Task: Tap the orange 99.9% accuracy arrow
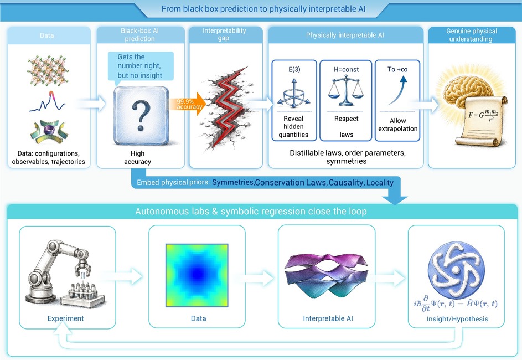point(189,104)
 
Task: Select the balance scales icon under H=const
point(346,91)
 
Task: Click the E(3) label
point(294,69)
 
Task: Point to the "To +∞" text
point(397,69)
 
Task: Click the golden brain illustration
point(468,86)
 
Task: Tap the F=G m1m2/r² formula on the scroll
point(483,115)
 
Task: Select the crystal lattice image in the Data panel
point(48,70)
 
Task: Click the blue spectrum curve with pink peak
point(47,101)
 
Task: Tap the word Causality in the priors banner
point(346,183)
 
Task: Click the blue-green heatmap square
point(197,275)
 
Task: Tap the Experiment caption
point(65,318)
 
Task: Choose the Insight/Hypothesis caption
point(457,318)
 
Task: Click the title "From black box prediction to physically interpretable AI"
point(263,9)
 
